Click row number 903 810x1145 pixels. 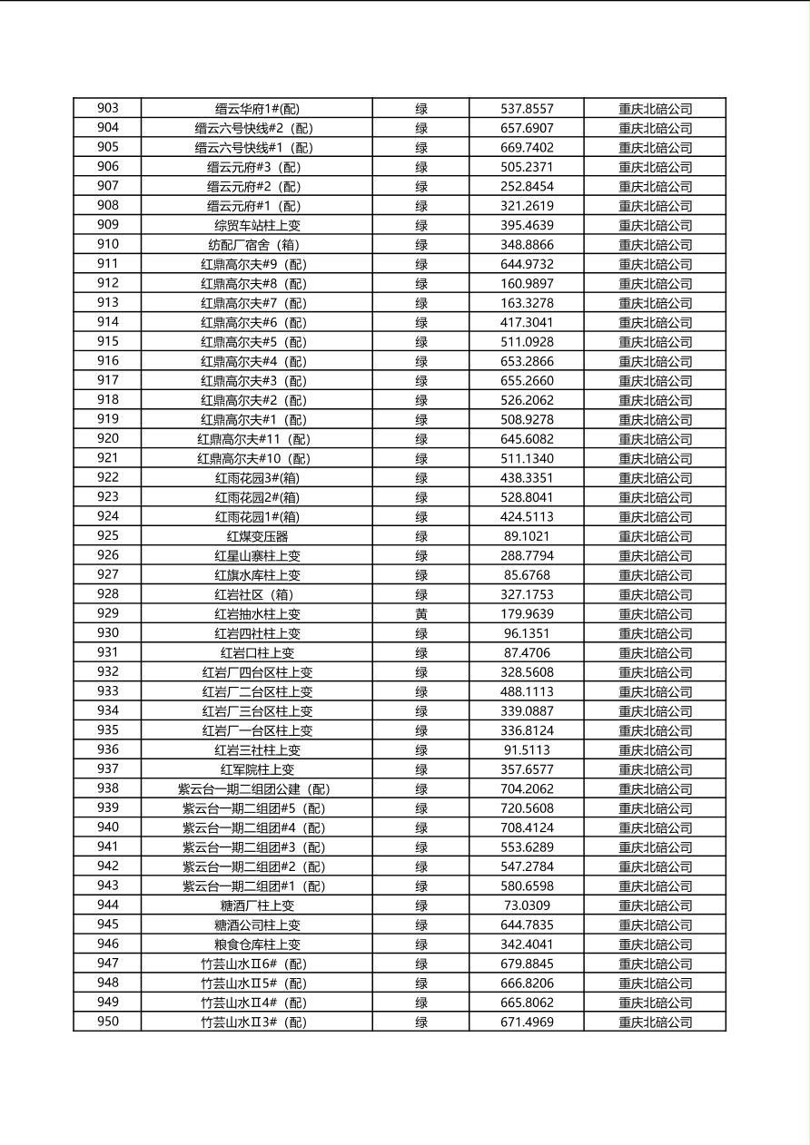pyautogui.click(x=107, y=109)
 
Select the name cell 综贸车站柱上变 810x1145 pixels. pyautogui.click(x=257, y=225)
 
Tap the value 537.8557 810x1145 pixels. pyautogui.click(x=527, y=109)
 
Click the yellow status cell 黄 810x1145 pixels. pyautogui.click(x=421, y=614)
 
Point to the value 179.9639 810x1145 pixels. pyautogui.click(x=527, y=614)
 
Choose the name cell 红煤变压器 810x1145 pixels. pyautogui.click(x=257, y=536)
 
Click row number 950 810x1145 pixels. pyautogui.click(x=107, y=1023)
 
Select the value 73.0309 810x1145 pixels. pyautogui.click(x=527, y=905)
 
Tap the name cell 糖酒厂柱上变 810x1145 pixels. pyautogui.click(x=257, y=905)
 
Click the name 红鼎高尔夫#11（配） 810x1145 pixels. pyautogui.click(x=257, y=439)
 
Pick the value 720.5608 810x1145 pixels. pyautogui.click(x=527, y=808)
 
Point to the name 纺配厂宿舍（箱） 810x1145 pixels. pyautogui.click(x=257, y=245)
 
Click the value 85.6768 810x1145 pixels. pyautogui.click(x=527, y=575)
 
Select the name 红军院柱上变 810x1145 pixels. pyautogui.click(x=257, y=769)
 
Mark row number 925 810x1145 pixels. pyautogui.click(x=107, y=536)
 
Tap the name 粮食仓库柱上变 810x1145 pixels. pyautogui.click(x=257, y=944)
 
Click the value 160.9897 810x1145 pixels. pyautogui.click(x=527, y=284)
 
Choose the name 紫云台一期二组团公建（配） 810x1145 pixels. pyautogui.click(x=257, y=789)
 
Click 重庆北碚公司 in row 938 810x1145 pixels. pyautogui.click(x=655, y=789)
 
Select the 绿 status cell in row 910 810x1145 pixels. pyautogui.click(x=421, y=245)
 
